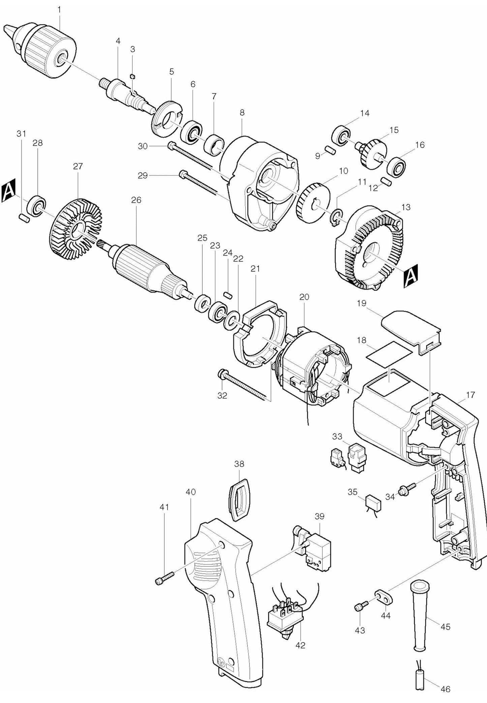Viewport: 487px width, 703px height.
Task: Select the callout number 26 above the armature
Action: [x=136, y=200]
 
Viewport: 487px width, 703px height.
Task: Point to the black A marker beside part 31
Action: [x=8, y=193]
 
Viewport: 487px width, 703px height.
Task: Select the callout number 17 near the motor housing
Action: [x=470, y=395]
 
